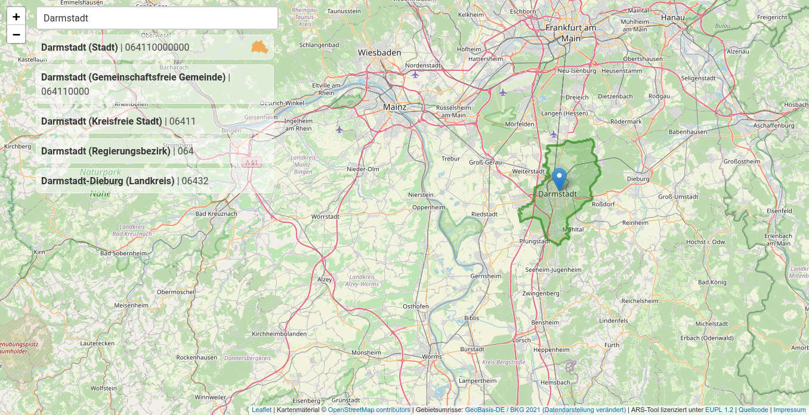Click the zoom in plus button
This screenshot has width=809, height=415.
(16, 17)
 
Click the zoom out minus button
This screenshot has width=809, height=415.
(16, 35)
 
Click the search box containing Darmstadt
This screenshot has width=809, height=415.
(157, 18)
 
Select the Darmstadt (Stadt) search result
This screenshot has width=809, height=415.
(143, 48)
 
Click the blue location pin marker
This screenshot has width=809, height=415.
(559, 178)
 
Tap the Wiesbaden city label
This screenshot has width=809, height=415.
(379, 52)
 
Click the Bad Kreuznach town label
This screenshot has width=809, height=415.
(216, 213)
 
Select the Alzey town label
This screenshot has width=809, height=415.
(325, 279)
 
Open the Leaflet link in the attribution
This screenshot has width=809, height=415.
(261, 410)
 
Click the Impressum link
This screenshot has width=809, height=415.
(789, 410)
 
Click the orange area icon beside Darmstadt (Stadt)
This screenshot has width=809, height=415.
(259, 47)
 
